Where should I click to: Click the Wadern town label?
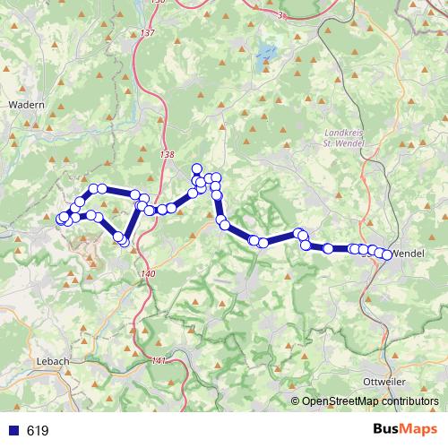(26, 105)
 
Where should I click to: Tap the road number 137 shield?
(147, 34)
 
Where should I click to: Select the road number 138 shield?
(166, 154)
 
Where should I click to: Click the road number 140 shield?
(149, 273)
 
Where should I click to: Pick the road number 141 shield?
(159, 361)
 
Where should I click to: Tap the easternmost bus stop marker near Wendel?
(387, 255)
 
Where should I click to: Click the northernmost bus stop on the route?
(196, 168)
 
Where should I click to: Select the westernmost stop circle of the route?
(61, 220)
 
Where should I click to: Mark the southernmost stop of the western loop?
(124, 241)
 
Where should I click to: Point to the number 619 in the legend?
(38, 431)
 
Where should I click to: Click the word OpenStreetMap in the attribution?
(337, 401)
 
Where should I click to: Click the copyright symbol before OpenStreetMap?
(296, 401)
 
